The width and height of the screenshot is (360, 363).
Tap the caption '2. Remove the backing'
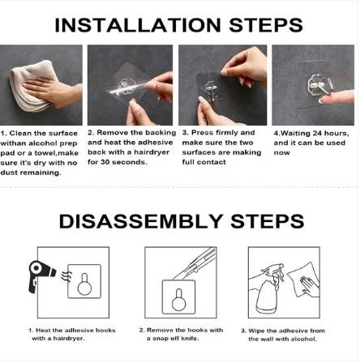[131, 147]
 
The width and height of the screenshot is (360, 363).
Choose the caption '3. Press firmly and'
[221, 147]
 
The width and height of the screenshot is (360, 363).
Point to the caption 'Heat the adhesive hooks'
[73, 334]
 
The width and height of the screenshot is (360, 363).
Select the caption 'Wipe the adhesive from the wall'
[283, 334]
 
